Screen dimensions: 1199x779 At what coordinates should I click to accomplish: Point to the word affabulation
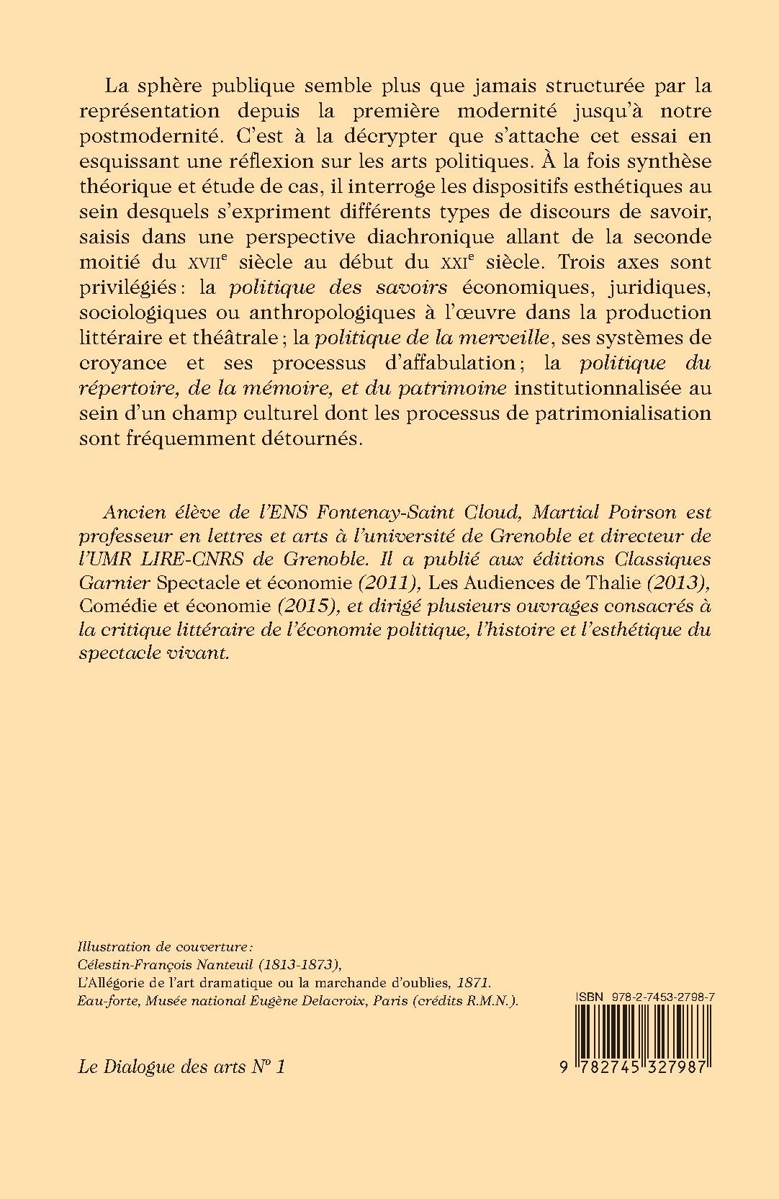[454, 362]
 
